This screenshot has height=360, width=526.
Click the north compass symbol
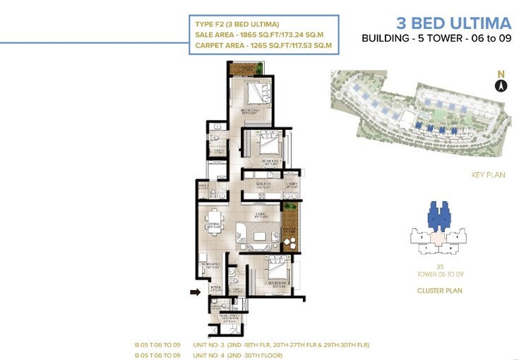tap(501, 85)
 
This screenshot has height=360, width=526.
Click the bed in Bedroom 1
tap(253, 92)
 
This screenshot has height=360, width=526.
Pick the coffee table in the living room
tap(260, 236)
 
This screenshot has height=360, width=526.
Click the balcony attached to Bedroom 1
tap(246, 68)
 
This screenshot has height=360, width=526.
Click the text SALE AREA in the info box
tap(215, 36)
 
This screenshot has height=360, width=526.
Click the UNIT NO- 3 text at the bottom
tap(211, 344)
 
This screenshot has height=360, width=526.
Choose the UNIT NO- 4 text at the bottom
tap(211, 355)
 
